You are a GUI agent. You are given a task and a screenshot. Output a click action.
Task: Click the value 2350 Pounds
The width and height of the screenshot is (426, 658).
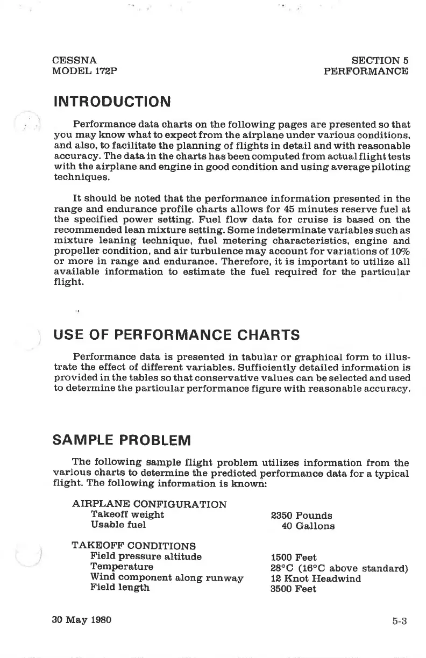(302, 516)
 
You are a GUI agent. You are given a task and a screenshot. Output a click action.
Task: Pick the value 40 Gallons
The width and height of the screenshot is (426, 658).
(308, 526)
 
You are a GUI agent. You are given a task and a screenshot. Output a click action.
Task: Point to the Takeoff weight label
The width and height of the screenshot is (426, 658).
(127, 514)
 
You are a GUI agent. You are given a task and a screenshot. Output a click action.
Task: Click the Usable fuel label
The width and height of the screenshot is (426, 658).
(118, 525)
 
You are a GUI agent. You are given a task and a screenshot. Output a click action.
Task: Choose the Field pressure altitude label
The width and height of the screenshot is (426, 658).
(146, 556)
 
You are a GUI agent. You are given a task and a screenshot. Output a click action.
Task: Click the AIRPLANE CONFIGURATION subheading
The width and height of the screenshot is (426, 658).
(149, 504)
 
